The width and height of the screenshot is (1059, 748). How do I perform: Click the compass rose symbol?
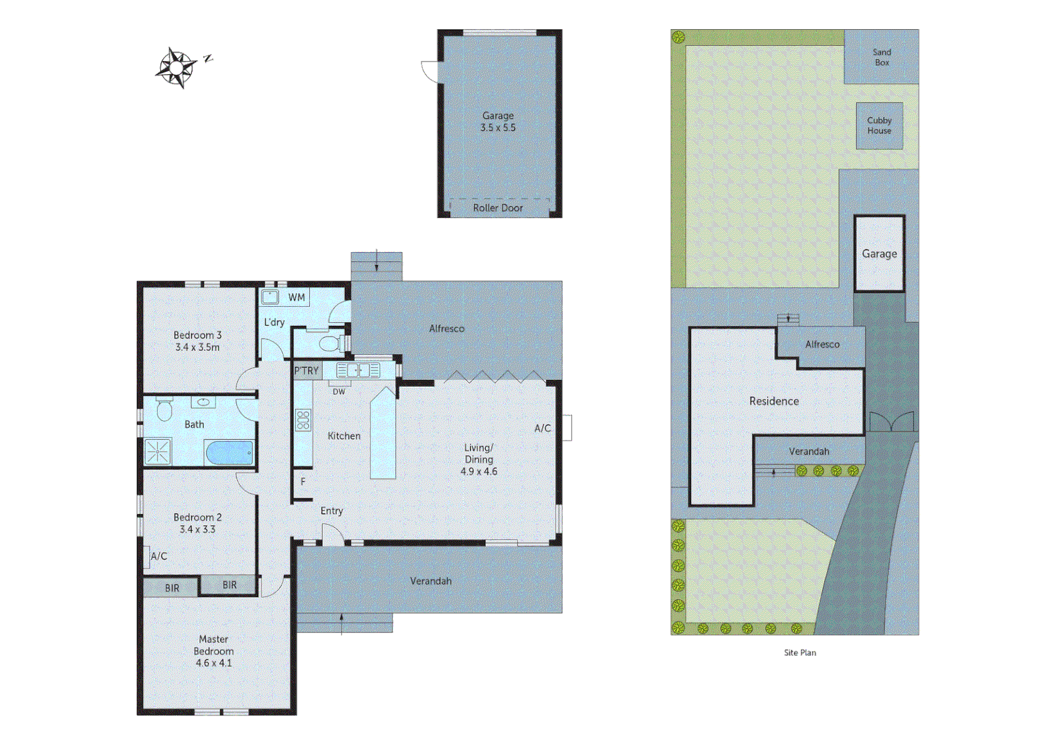(x=177, y=67)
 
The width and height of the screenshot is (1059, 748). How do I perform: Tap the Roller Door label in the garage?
(x=498, y=208)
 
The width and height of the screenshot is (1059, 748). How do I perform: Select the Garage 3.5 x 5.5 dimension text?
(x=498, y=122)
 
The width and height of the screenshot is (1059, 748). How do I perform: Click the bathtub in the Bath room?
(x=229, y=454)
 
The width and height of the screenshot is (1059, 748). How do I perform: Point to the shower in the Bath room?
(x=157, y=452)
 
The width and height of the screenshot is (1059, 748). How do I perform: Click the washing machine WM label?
(x=297, y=298)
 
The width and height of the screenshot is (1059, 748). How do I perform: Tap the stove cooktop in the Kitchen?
(x=303, y=420)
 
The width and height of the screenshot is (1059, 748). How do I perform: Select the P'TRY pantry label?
(x=306, y=371)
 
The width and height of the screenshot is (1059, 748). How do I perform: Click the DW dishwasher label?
(x=339, y=392)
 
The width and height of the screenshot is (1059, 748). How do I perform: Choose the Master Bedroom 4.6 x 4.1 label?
(x=213, y=651)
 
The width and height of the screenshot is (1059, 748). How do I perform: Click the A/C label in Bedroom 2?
(x=159, y=556)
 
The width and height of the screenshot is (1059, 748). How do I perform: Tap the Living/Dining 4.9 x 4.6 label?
(x=479, y=459)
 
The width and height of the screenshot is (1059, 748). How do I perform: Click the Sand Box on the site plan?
(x=882, y=57)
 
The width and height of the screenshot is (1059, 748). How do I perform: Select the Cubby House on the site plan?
(x=879, y=125)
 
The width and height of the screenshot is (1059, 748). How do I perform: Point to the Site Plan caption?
(x=800, y=652)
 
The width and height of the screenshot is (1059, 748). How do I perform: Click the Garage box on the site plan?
(x=879, y=253)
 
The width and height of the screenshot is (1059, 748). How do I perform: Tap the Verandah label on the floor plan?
(x=430, y=581)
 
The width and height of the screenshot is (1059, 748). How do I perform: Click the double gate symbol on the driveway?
(x=891, y=422)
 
